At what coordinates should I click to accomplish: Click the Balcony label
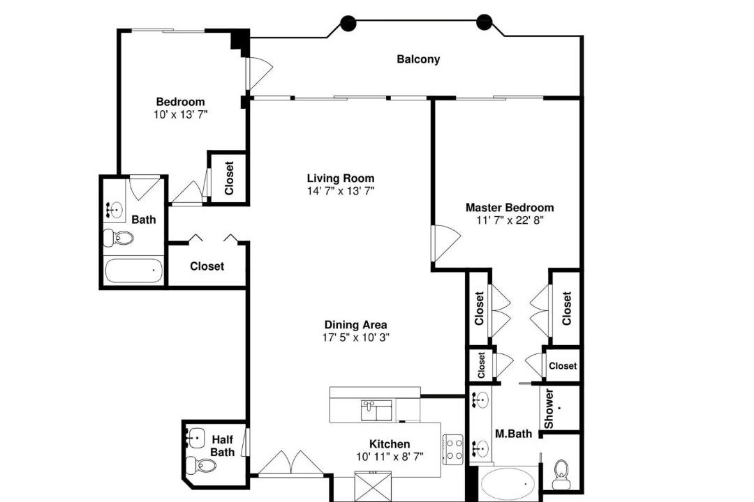(418, 59)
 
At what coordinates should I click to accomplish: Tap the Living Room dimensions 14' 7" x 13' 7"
(341, 191)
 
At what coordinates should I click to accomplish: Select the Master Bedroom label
(509, 208)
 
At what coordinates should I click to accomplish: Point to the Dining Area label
(355, 325)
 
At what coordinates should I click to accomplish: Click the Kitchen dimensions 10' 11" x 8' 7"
(390, 457)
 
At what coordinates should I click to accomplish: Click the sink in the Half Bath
(195, 438)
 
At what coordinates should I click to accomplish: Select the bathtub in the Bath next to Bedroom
(133, 271)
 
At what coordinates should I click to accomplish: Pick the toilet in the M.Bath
(561, 474)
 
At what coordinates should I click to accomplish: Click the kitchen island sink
(376, 411)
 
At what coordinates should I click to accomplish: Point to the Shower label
(549, 409)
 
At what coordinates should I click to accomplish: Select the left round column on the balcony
(348, 22)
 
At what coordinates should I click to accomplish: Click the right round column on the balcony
(485, 22)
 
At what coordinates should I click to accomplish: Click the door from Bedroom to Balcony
(259, 73)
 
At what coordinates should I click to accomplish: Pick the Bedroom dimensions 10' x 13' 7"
(180, 115)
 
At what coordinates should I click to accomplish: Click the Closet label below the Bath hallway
(207, 266)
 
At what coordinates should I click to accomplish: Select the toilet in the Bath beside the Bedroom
(118, 238)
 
